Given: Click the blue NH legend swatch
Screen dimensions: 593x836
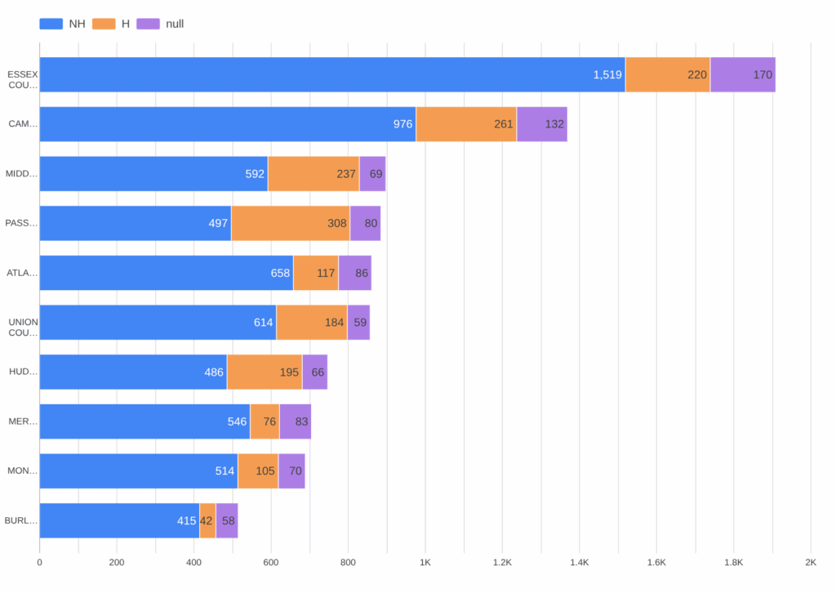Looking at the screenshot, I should [51, 24].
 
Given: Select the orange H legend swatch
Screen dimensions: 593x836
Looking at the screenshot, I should [104, 24].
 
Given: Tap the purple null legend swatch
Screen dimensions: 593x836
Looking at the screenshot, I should [148, 24].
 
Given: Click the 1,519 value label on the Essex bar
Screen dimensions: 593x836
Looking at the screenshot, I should [607, 74].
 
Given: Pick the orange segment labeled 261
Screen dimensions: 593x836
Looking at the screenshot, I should [466, 124].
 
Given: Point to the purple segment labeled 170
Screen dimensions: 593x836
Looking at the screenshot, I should [743, 74].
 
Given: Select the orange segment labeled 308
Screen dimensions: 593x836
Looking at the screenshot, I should [291, 223].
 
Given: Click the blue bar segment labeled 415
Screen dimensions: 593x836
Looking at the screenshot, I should [119, 520].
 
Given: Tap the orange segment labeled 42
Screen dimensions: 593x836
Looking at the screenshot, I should [207, 520].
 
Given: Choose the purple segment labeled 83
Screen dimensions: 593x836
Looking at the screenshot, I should [296, 421].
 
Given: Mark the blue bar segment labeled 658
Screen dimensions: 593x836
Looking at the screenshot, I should [167, 273].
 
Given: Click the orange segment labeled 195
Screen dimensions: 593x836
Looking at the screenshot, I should [265, 372].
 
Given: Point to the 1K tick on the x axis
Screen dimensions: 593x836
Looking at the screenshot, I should [425, 562].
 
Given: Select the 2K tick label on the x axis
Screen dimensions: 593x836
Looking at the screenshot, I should [810, 562].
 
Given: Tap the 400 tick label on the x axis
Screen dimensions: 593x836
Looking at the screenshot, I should [193, 562].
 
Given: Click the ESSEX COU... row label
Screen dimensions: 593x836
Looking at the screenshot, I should [22, 79].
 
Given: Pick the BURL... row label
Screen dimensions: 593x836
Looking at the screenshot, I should [21, 520].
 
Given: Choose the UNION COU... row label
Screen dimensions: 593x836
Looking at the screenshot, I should [23, 327].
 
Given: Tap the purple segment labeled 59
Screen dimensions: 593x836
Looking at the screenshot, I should [358, 322].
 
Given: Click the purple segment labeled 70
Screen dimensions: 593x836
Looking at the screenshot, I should [291, 470].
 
